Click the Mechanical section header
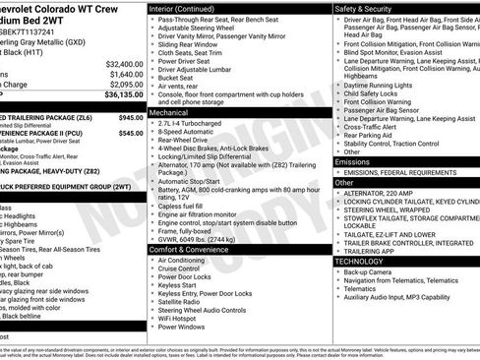(169, 113)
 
